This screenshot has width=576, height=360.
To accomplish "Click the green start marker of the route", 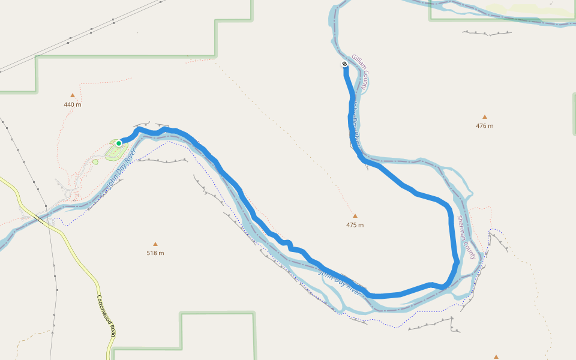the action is click(x=119, y=143).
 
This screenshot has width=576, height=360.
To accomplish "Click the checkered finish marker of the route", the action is click(x=345, y=64).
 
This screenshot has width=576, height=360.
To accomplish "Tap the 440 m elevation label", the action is click(x=73, y=104).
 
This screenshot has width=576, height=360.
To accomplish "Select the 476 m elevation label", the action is click(x=484, y=126).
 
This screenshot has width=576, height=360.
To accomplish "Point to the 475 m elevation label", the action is click(x=355, y=225).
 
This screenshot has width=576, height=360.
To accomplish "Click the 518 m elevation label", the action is click(x=155, y=253).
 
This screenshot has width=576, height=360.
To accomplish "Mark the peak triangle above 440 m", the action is click(x=73, y=95).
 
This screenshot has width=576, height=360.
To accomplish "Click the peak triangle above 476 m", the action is click(x=485, y=117).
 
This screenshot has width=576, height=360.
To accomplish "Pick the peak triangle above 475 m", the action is click(x=355, y=216).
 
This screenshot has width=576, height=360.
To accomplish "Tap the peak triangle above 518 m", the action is click(x=155, y=244).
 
